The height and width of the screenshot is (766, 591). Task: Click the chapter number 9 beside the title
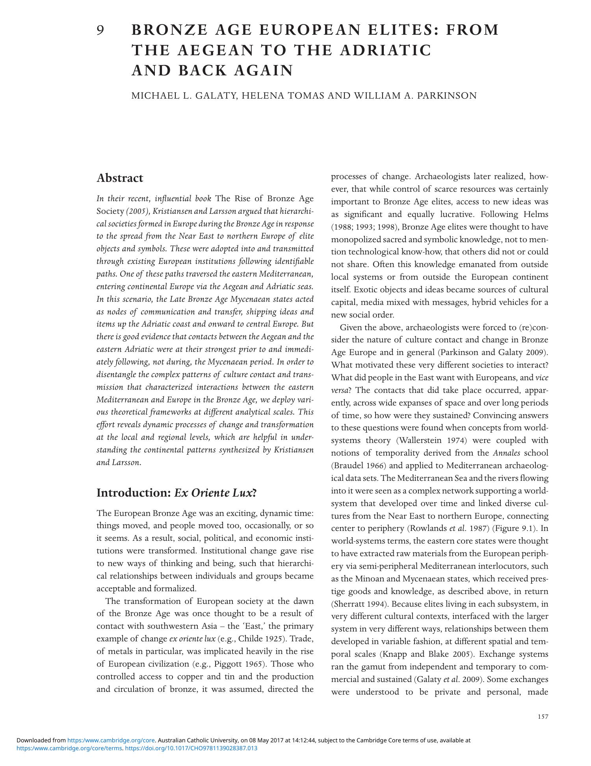click(x=100, y=30)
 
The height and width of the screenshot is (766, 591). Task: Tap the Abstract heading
click(x=120, y=178)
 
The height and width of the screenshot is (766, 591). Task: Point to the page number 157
click(x=543, y=717)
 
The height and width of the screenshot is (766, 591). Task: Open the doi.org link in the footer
click(x=191, y=748)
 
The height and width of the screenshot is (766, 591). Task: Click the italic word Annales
click(x=506, y=453)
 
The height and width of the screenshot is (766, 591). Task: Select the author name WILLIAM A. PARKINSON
click(x=415, y=96)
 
